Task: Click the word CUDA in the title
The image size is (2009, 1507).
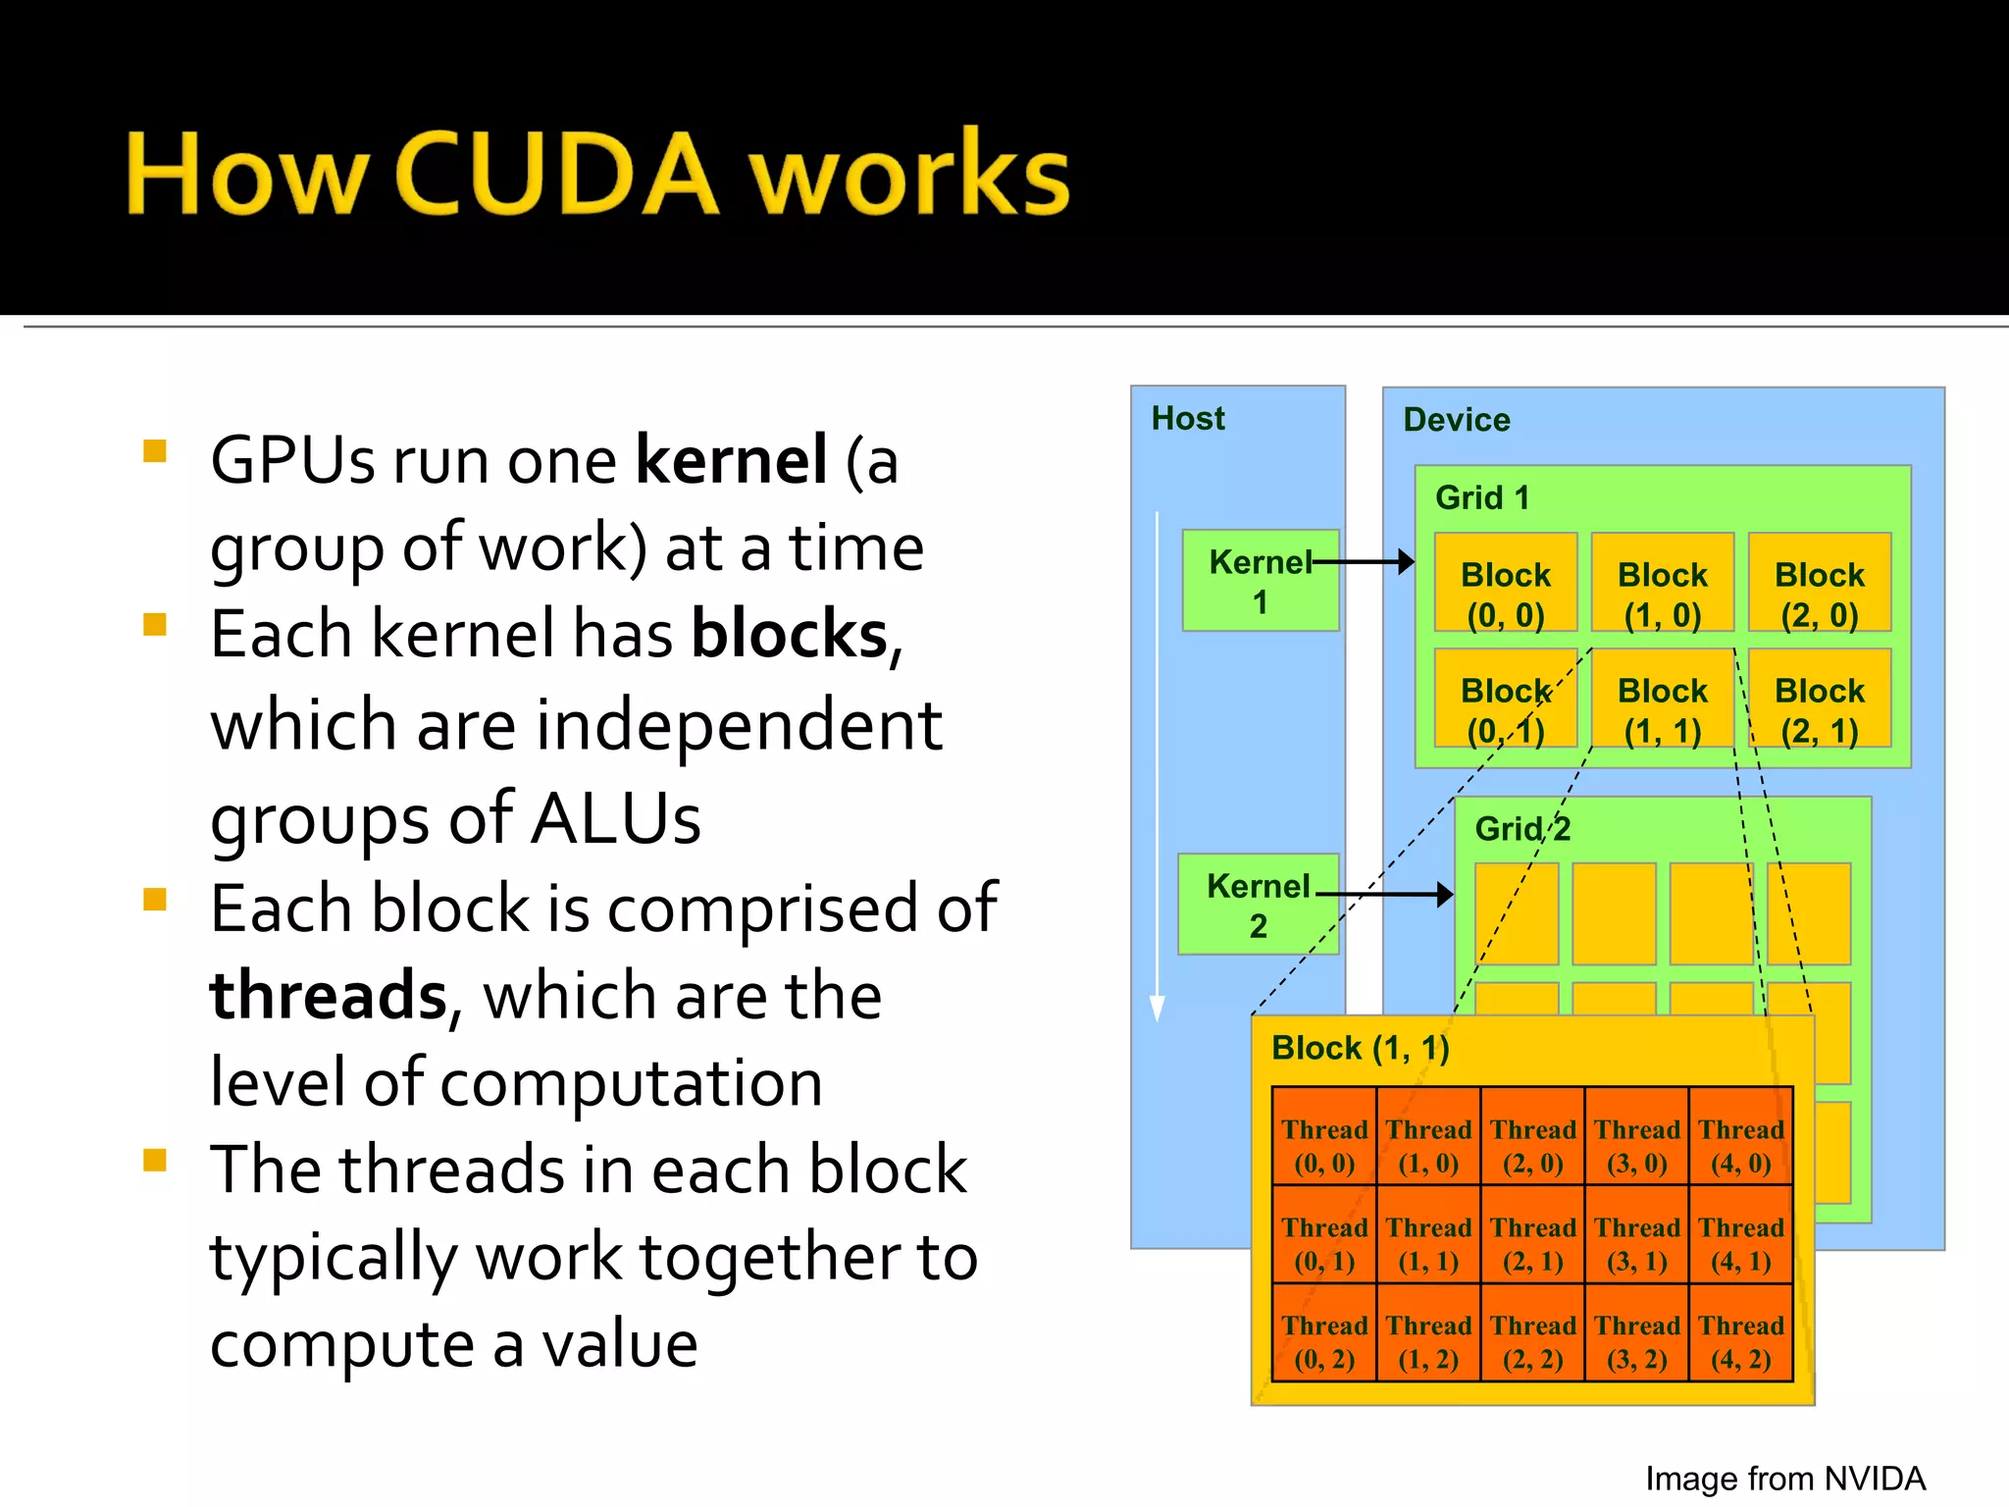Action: tap(557, 174)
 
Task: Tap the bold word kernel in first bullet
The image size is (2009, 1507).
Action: tap(731, 459)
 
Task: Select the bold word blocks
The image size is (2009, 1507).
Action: tap(790, 634)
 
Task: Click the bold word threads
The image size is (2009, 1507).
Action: tap(329, 995)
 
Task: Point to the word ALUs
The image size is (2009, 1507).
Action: tap(616, 818)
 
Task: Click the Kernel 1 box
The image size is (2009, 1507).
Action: tap(1260, 581)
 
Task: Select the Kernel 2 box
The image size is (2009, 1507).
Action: tap(1258, 905)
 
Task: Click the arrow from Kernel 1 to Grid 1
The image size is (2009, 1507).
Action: tap(1365, 562)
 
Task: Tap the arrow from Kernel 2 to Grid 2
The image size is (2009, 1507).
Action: tap(1385, 894)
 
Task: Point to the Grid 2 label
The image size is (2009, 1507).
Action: tap(1522, 829)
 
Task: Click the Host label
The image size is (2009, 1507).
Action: tap(1187, 419)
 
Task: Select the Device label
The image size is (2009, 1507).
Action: tap(1456, 420)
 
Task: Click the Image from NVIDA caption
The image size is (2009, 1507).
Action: tap(1784, 1479)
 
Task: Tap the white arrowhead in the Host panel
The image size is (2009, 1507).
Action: tap(1158, 1008)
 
